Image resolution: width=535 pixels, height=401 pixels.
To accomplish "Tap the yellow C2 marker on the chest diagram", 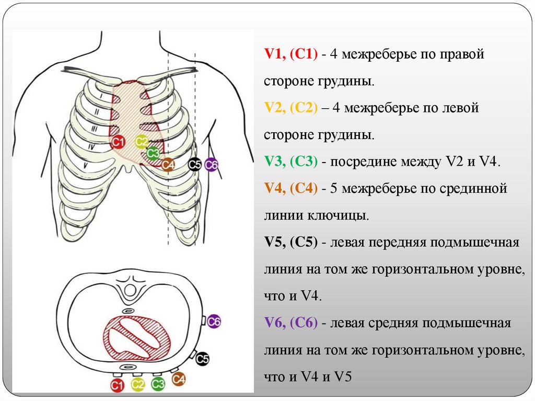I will [141, 142].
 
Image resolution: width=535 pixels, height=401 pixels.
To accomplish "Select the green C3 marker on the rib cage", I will [153, 154].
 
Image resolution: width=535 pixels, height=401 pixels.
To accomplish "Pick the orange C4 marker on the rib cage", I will [168, 165].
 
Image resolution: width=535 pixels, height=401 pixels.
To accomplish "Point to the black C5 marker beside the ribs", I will [195, 165].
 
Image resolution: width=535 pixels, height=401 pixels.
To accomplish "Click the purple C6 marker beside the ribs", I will [211, 165].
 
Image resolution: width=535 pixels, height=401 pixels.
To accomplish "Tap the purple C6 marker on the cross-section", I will [214, 322].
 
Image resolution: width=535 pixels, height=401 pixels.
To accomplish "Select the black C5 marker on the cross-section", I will [202, 359].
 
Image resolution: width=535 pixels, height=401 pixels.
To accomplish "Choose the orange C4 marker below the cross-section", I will [178, 379].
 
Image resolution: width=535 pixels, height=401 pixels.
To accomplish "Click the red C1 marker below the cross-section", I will [117, 386].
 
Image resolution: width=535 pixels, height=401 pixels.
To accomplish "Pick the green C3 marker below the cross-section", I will [158, 385].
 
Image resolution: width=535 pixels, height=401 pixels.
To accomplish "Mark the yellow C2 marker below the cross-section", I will [137, 386].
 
